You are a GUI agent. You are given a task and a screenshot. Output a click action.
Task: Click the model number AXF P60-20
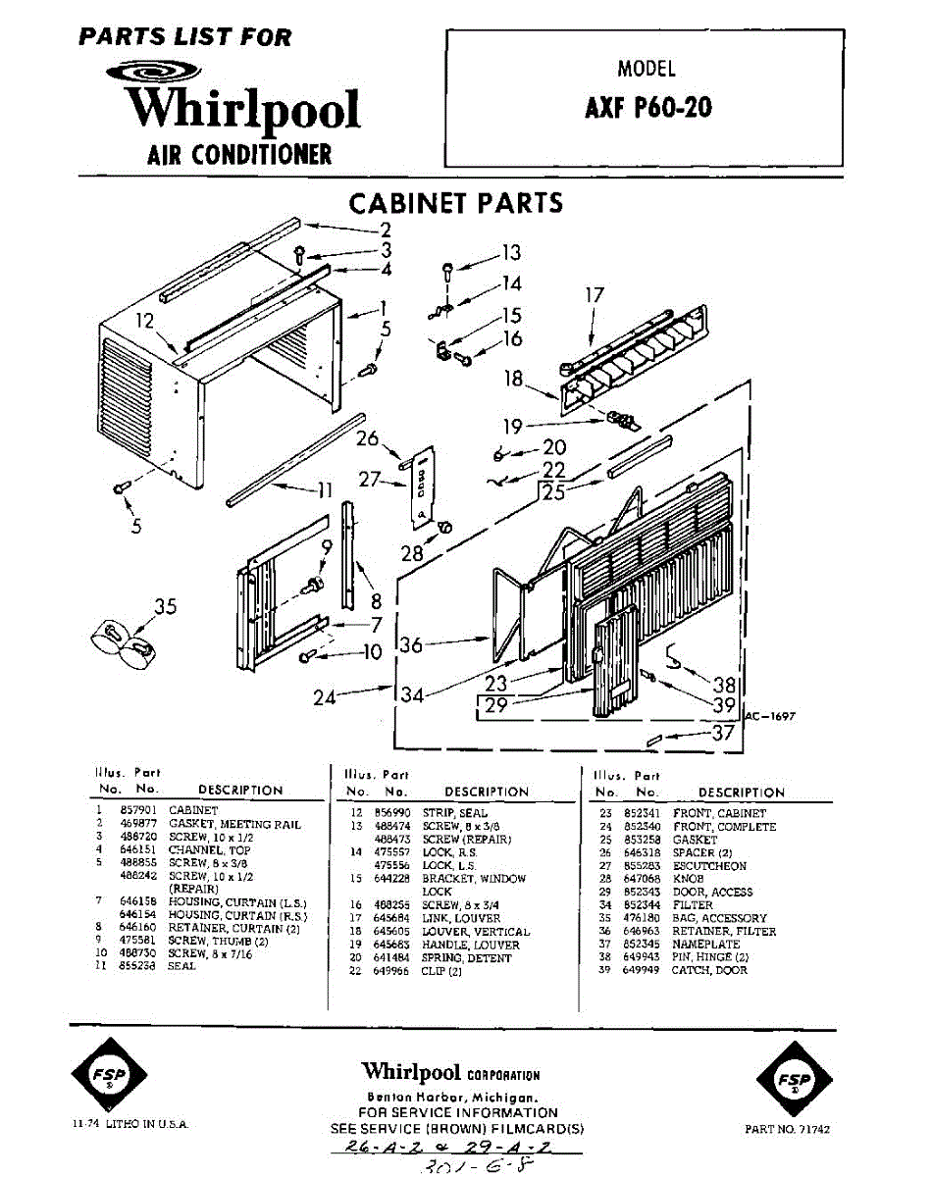pos(648,107)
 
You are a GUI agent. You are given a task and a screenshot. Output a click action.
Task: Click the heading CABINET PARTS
pos(456,203)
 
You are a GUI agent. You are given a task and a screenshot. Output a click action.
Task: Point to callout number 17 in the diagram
pos(595,294)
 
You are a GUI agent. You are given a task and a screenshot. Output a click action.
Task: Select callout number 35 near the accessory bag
pos(165,606)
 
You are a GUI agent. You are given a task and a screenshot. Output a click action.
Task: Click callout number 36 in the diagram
pos(413,645)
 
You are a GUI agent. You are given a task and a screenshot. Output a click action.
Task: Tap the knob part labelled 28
pos(443,528)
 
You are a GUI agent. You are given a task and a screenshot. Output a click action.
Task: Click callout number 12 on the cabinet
pos(145,321)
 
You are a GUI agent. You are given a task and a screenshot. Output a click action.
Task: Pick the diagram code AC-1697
pos(770,717)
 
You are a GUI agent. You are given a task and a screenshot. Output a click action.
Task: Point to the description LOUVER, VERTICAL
pos(488,932)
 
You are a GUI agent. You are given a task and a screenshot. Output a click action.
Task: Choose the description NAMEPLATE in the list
pos(704,944)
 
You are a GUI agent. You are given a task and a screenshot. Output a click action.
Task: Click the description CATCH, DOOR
pos(709,970)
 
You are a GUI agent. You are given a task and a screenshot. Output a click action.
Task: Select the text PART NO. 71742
pos(787,1130)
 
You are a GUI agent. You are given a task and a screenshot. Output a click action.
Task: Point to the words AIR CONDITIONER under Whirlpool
pos(238,154)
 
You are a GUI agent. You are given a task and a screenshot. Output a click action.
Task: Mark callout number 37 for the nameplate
pos(724,733)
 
